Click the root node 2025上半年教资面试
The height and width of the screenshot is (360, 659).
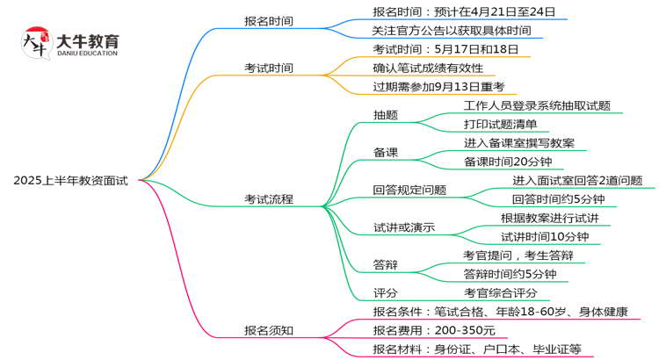(70, 180)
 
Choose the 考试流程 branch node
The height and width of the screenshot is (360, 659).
(269, 199)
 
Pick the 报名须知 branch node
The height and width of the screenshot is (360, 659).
(269, 330)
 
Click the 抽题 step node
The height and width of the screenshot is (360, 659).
(385, 115)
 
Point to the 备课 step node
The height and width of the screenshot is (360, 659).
(385, 153)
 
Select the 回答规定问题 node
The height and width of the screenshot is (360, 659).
(409, 190)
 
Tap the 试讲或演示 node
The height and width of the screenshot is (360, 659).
(404, 228)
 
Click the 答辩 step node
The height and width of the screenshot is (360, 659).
(385, 265)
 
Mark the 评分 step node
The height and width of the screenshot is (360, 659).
(385, 292)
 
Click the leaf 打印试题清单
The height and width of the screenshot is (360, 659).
(501, 124)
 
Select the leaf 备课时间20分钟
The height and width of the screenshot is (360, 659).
(508, 162)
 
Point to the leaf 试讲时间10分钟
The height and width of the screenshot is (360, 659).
(545, 236)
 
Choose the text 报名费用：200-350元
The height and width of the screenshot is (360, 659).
(434, 330)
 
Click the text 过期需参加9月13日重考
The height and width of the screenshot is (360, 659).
(438, 86)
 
